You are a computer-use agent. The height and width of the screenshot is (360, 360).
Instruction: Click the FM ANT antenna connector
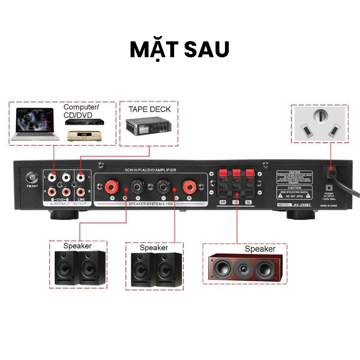pos(31,177)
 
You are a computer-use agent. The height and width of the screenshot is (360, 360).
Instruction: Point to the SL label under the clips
pos(249,202)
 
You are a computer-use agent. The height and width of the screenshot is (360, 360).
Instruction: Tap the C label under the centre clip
pos(236,202)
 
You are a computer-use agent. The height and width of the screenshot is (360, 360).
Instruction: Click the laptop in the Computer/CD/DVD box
pos(35,124)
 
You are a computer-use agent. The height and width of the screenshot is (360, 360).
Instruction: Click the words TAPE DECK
pos(150,109)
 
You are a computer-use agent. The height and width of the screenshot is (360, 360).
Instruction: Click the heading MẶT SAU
pos(180,50)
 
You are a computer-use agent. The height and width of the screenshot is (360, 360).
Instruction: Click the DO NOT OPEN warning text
pos(300,197)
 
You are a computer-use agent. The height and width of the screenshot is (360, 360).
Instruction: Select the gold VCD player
pos(85,136)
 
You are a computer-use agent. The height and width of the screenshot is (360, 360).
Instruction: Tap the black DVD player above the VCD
pos(84,122)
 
